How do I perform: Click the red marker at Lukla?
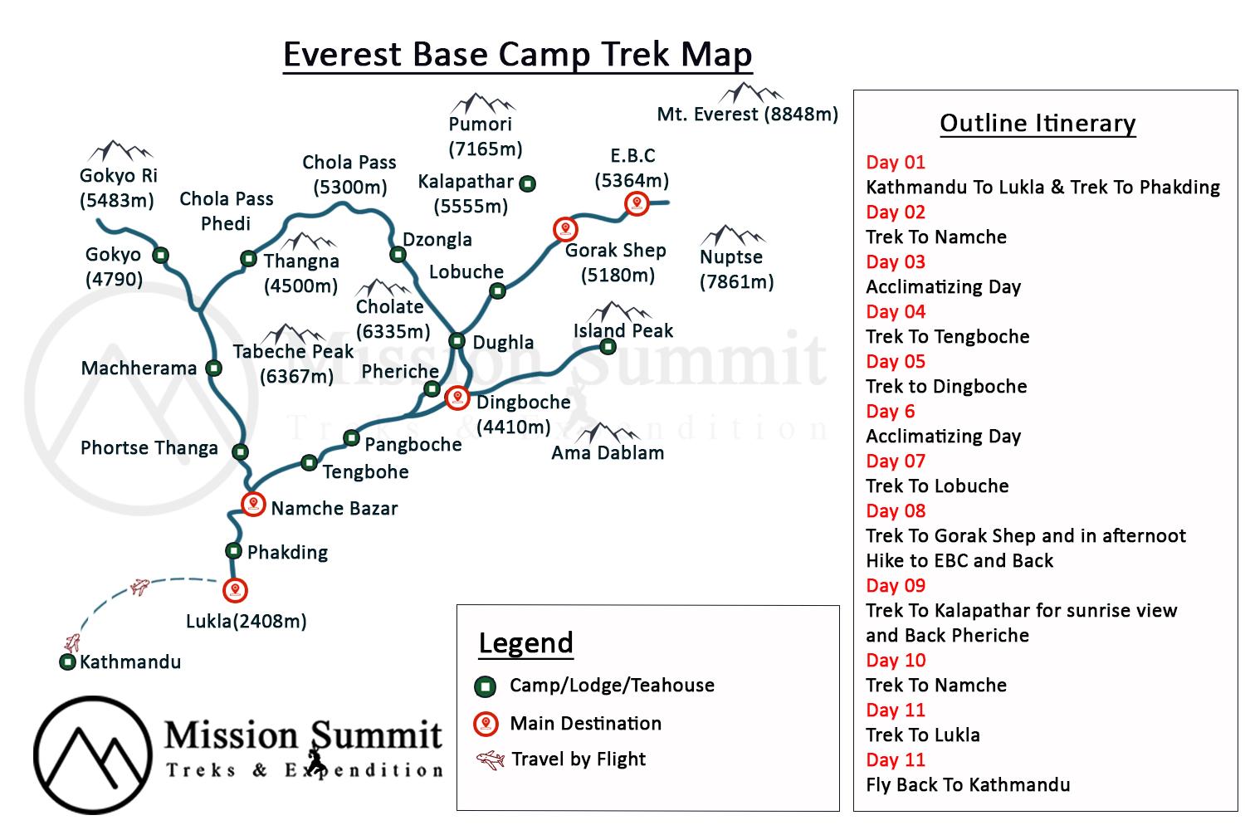click(x=236, y=590)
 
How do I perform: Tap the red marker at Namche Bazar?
click(x=253, y=504)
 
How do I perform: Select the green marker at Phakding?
click(x=233, y=550)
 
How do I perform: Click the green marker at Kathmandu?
click(x=68, y=662)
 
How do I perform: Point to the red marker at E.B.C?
click(x=637, y=203)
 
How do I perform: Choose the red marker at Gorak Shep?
click(x=565, y=228)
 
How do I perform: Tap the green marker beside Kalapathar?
click(x=527, y=183)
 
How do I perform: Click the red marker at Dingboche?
click(x=456, y=398)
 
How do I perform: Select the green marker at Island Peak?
click(x=608, y=347)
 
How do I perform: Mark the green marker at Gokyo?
click(x=161, y=255)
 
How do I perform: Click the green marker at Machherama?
click(x=214, y=368)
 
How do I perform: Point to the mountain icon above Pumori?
click(x=481, y=104)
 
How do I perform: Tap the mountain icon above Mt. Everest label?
click(x=751, y=92)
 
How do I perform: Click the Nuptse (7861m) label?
click(x=735, y=269)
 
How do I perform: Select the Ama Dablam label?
click(x=608, y=453)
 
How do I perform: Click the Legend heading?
click(x=526, y=643)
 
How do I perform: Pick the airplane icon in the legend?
click(x=491, y=759)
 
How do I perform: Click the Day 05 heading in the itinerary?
click(x=895, y=362)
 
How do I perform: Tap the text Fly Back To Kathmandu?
click(x=968, y=785)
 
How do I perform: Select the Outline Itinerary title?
click(x=1037, y=124)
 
